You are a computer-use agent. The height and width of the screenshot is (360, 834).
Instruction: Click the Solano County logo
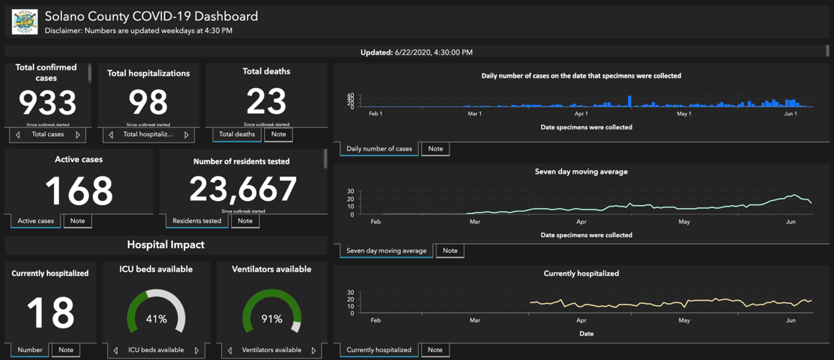[x=24, y=22]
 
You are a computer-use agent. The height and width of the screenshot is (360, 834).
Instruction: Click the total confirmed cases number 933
[x=48, y=103]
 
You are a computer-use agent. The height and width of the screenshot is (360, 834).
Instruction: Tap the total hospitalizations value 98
[x=148, y=103]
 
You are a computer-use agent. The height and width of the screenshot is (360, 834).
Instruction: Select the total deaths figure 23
[x=266, y=102]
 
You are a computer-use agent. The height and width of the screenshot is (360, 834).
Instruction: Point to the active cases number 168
[x=79, y=190]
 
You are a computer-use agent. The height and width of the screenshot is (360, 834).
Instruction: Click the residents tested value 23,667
[x=243, y=189]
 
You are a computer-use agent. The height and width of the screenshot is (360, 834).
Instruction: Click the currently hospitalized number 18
[x=50, y=312]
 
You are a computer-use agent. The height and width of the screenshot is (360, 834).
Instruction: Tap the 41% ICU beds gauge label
[x=156, y=319]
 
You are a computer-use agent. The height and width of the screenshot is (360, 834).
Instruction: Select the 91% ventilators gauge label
[x=272, y=319]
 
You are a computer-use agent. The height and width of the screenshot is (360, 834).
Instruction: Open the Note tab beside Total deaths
[x=278, y=135]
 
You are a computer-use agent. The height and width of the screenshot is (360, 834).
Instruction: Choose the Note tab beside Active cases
[x=77, y=221]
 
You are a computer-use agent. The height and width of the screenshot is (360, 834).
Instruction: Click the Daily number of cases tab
[x=379, y=149]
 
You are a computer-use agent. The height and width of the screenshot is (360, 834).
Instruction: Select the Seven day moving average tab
[x=386, y=251]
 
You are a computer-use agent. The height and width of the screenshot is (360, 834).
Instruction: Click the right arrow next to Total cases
[x=78, y=135]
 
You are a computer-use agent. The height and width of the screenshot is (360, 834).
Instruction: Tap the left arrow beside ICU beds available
[x=115, y=351]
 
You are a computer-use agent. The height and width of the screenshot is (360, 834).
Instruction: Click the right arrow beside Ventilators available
[x=313, y=351]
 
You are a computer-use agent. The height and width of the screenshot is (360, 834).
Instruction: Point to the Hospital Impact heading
[x=166, y=245]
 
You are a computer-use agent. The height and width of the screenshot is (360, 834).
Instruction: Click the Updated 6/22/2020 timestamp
[x=416, y=53]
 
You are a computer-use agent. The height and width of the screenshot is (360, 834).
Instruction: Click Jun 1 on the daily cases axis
[x=790, y=114]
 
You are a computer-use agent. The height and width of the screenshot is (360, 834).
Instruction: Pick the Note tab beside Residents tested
[x=245, y=221]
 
